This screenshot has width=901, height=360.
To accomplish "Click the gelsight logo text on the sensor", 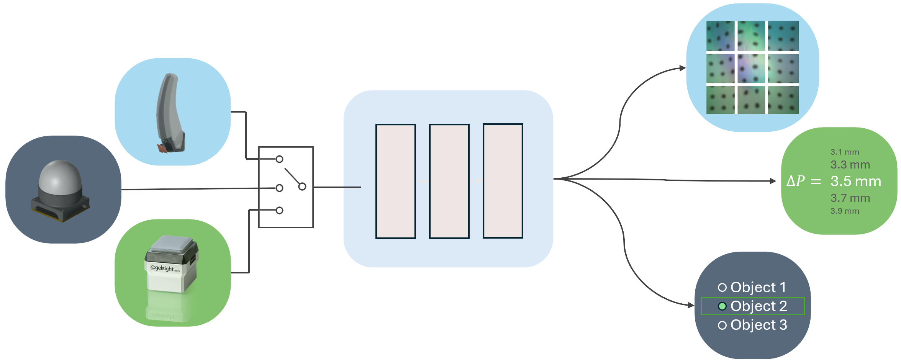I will click(164, 268).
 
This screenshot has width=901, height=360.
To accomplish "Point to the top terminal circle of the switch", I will click(280, 159).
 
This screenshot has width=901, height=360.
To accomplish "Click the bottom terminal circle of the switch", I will click(280, 210).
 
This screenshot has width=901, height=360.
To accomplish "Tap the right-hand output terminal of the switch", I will click(302, 187).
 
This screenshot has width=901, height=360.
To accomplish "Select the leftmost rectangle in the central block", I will click(396, 181).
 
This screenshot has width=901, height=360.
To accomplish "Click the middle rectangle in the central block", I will click(449, 181).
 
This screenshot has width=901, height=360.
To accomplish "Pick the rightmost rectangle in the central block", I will click(503, 181).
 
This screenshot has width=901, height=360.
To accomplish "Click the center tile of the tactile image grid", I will click(751, 68).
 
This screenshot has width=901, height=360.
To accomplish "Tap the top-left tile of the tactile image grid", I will click(720, 36).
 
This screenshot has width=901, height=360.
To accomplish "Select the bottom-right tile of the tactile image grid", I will click(783, 100).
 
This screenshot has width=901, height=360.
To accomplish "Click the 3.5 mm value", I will click(856, 181).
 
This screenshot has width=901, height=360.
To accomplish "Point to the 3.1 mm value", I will click(845, 152).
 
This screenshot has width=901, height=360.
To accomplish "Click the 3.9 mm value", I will click(845, 211).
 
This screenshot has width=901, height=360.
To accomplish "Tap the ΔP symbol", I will click(796, 181).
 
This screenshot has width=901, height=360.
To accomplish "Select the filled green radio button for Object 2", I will click(722, 306).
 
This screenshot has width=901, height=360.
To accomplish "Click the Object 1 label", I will click(758, 287).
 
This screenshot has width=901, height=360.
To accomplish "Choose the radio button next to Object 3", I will click(722, 325).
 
